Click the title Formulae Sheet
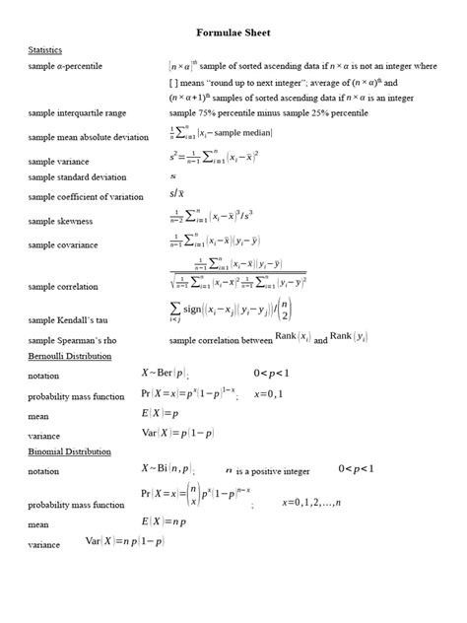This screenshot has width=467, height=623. pos(233,33)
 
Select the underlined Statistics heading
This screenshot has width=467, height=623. pos(45,49)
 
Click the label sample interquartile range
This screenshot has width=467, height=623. pos(77,114)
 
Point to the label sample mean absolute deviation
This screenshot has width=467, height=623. pos(89,137)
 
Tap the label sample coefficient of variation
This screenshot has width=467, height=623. pos(86,197)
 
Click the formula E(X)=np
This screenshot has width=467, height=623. pos(165,520)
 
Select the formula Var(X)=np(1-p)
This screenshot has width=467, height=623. pos(124,540)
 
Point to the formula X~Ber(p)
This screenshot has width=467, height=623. pos(165,373)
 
